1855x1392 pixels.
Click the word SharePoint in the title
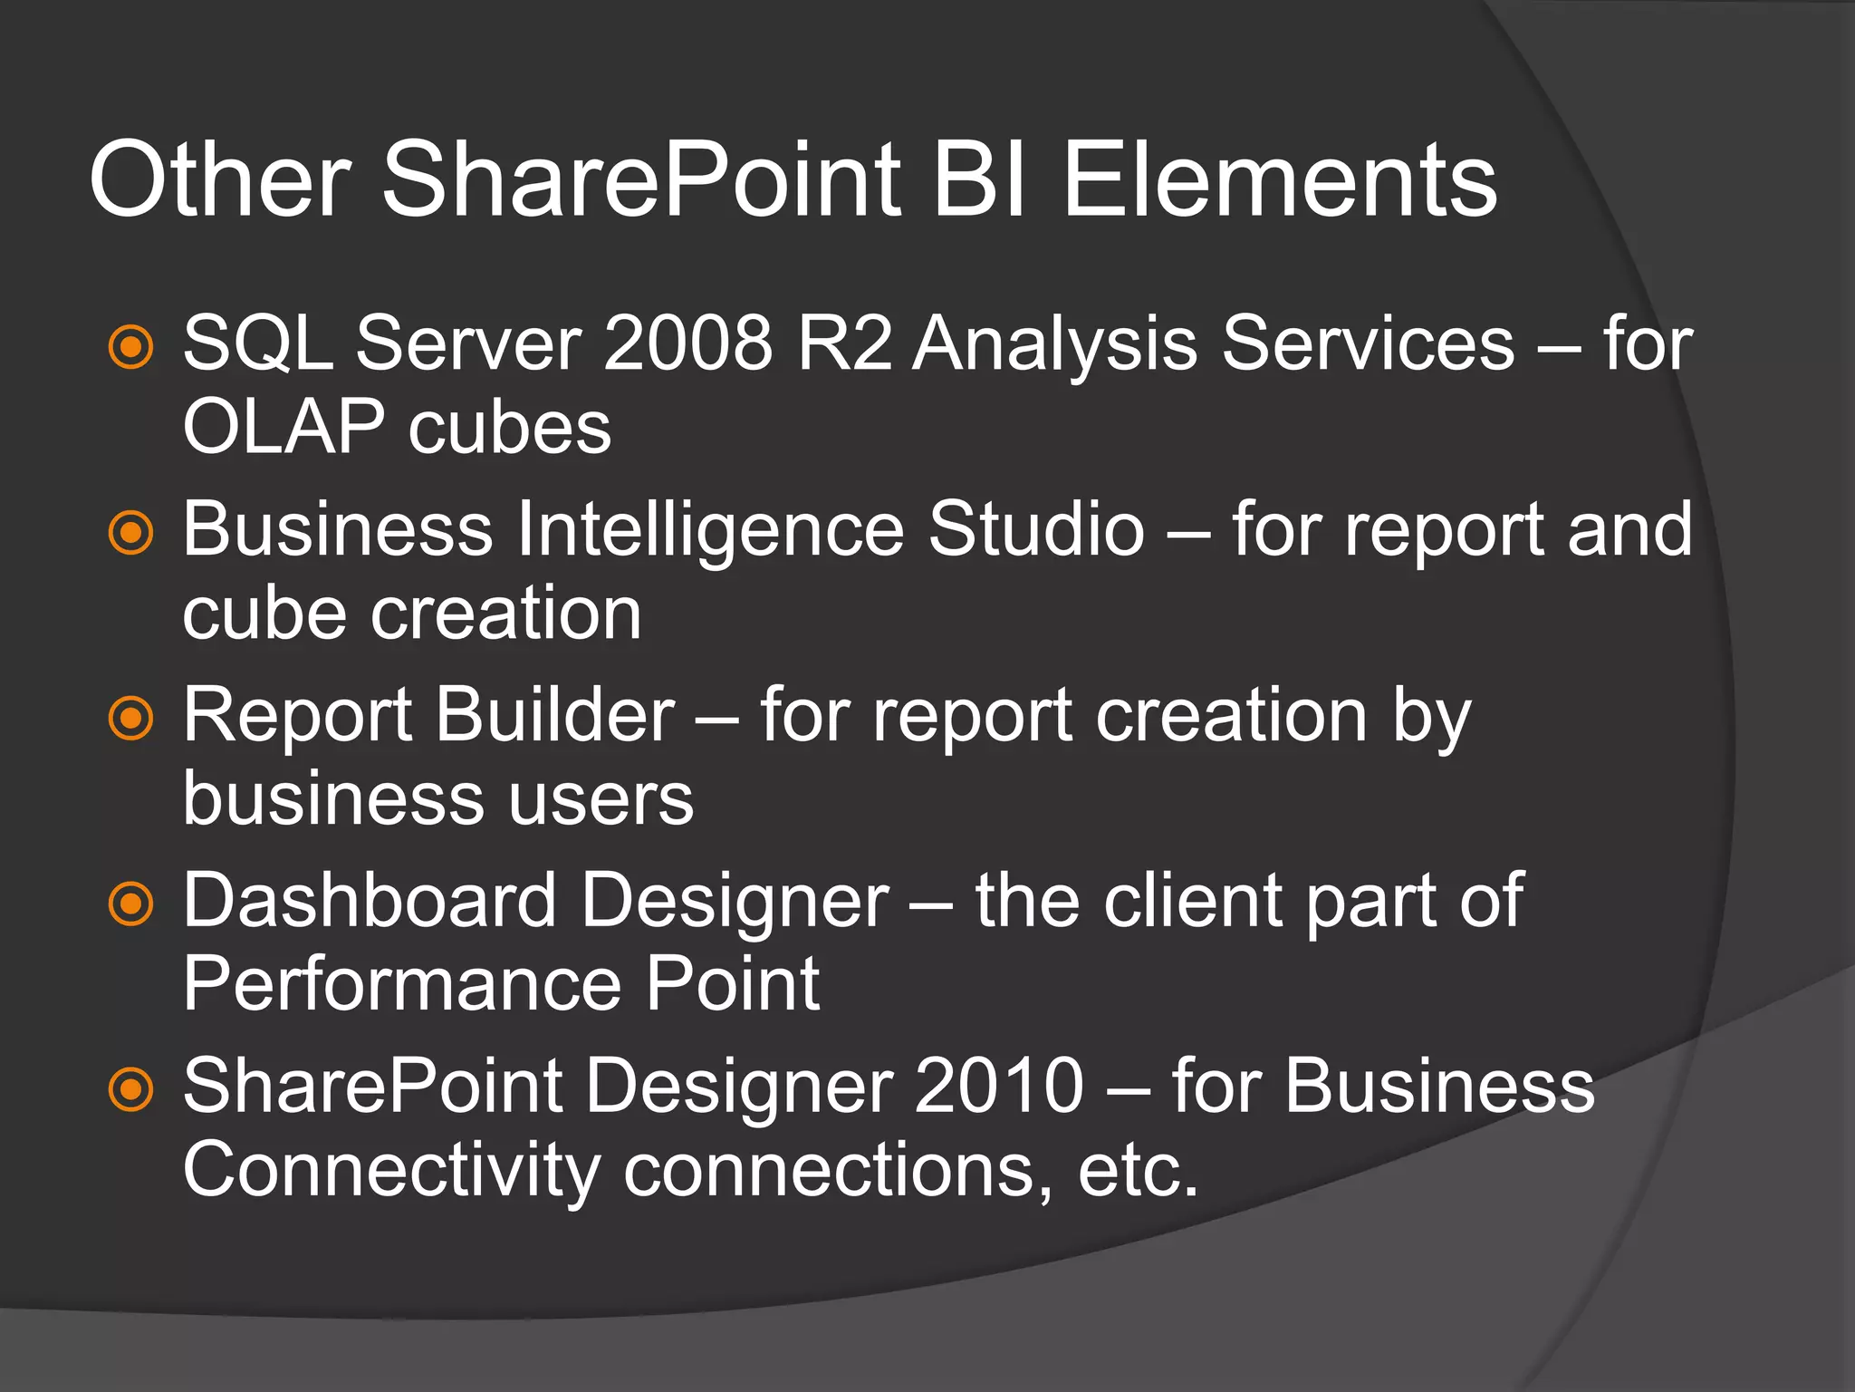(641, 180)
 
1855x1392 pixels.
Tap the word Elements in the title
(1279, 180)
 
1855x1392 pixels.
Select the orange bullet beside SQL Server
(131, 346)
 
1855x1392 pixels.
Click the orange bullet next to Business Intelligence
(131, 532)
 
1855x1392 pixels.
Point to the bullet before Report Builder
(131, 718)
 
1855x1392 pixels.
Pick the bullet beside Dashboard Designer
(131, 904)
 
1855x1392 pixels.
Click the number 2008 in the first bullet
(687, 343)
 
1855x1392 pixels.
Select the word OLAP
(283, 428)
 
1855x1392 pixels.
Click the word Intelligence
(710, 530)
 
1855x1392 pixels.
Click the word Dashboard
(370, 901)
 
